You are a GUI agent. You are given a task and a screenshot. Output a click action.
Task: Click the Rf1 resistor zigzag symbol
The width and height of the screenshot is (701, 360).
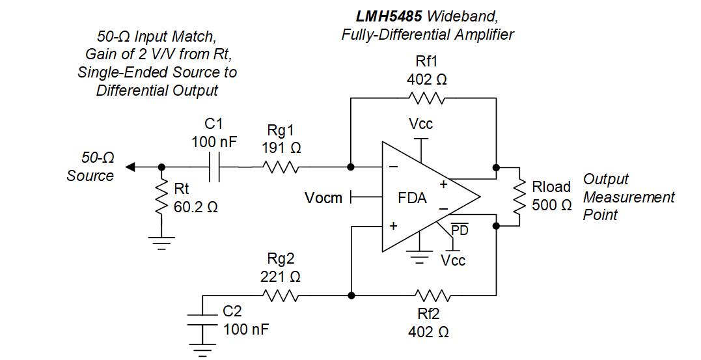click(426, 98)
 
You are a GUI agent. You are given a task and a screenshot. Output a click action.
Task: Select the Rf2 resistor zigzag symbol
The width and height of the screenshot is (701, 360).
click(426, 296)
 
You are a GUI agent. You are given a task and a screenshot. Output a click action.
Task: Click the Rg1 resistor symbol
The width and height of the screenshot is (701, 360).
click(281, 167)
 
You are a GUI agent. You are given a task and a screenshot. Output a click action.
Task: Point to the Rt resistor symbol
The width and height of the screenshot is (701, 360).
click(161, 199)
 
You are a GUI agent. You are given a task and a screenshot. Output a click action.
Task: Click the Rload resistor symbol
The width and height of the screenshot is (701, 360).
click(519, 196)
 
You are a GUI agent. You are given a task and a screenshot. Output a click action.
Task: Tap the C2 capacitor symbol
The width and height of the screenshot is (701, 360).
click(202, 320)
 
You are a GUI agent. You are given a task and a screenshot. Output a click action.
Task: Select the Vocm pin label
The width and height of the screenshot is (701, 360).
click(323, 197)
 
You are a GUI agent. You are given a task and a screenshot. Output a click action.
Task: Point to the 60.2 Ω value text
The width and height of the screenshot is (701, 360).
click(195, 208)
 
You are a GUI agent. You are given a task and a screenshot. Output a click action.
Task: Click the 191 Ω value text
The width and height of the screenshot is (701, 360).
click(281, 147)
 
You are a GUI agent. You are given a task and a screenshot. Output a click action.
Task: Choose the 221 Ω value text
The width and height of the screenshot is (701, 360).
click(281, 277)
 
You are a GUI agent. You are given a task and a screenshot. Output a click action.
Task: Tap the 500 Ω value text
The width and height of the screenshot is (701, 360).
click(551, 205)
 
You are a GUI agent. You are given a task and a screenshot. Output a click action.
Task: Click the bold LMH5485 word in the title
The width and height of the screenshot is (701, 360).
click(385, 16)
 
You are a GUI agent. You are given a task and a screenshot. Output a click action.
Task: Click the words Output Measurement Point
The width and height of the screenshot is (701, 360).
click(628, 197)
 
